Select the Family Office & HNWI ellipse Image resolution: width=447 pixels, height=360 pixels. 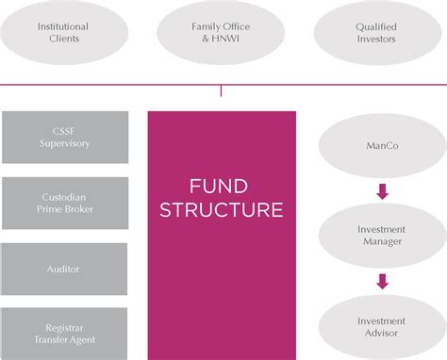point(222,34)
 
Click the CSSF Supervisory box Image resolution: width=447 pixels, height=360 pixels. point(66,137)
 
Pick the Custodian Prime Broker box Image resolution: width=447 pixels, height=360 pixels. point(66,203)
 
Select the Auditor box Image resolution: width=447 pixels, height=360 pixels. point(66,269)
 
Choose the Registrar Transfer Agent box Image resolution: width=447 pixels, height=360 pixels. point(66,333)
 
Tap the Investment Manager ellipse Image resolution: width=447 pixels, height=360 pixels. point(380,236)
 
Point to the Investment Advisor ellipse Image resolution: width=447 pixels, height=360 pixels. point(380,326)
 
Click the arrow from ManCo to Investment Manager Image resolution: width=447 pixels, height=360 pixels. point(381,191)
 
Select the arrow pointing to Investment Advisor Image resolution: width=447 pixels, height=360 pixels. point(381,280)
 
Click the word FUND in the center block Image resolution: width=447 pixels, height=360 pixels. point(221,185)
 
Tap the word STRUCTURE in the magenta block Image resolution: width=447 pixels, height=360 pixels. point(222,209)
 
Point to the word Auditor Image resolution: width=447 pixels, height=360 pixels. point(66,269)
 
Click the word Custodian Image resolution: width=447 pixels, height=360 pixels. point(66,197)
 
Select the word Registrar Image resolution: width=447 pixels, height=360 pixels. point(66,326)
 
